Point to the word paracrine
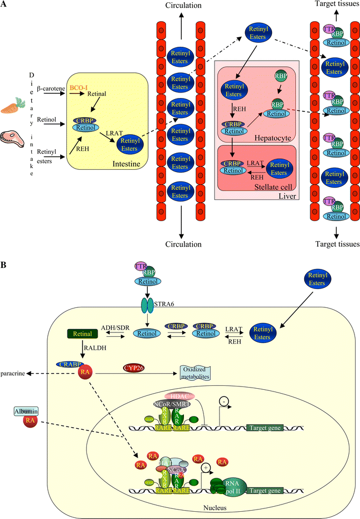[16, 373]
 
